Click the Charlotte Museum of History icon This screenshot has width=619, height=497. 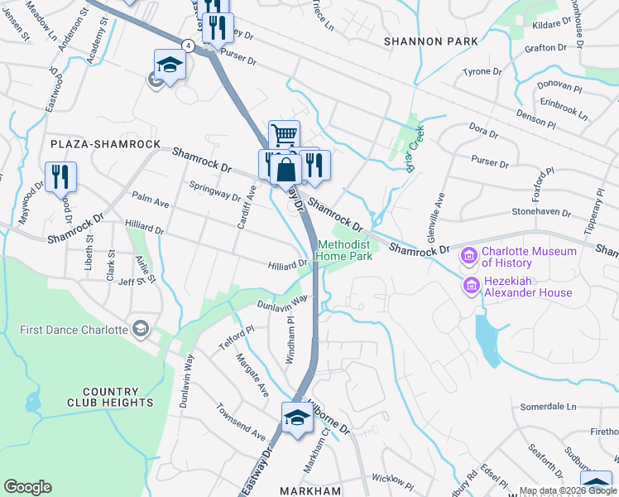469,258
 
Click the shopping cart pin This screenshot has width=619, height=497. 284,135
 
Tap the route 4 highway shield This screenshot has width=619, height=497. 190,46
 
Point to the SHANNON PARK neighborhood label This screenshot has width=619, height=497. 431,41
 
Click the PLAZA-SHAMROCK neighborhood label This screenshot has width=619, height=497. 105,144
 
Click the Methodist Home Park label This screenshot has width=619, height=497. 344,250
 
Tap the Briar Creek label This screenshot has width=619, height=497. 415,148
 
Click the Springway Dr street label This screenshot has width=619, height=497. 214,191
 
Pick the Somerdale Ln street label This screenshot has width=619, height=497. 548,407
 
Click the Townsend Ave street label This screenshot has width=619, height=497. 240,422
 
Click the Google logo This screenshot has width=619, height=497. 27,487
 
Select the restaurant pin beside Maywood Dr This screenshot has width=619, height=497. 61,176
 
